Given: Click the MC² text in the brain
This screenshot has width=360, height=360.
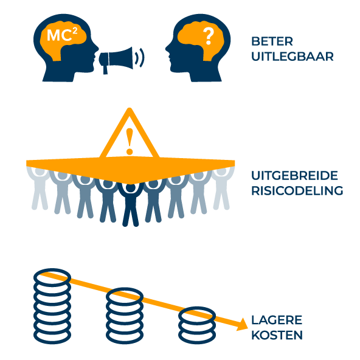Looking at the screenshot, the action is click(x=62, y=35).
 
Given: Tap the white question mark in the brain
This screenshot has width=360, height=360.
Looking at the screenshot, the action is click(x=209, y=36).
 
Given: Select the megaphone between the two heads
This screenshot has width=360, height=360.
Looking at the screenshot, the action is click(x=116, y=60).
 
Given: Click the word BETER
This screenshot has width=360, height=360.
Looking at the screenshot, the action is click(x=272, y=41).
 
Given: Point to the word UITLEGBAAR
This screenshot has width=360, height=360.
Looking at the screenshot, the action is click(x=292, y=57).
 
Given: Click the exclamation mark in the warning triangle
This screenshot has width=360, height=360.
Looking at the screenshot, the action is click(x=130, y=141).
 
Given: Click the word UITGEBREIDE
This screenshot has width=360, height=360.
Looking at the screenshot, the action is click(x=294, y=176).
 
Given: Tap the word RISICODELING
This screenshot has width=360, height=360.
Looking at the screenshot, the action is click(x=297, y=190).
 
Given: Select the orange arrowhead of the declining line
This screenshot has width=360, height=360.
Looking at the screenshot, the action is click(x=242, y=324).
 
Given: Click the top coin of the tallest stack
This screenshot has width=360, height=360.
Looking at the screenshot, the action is click(x=52, y=277).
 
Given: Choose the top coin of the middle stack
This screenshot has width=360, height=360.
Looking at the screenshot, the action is click(x=125, y=297).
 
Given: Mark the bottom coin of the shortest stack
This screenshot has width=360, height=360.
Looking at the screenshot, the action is click(x=197, y=335).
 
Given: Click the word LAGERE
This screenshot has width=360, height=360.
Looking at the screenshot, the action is click(x=277, y=320).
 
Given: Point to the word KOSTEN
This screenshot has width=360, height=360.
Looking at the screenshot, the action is click(x=277, y=335).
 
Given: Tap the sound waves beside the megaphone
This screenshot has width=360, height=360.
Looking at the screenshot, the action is click(x=140, y=57).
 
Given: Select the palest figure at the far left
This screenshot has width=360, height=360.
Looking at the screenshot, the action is click(x=40, y=189).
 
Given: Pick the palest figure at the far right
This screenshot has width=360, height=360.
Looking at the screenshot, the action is click(x=221, y=189).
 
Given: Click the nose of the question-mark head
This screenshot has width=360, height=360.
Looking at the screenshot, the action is click(x=167, y=49).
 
